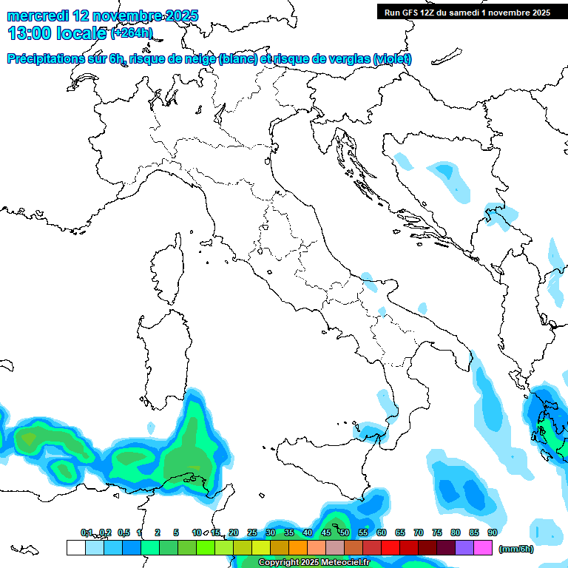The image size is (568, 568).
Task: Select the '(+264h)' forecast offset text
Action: tap(132, 33)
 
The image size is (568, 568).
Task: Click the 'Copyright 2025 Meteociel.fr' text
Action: tap(314, 563)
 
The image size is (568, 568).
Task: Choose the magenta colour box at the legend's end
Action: tap(483, 547)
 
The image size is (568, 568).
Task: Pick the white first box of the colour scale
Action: tap(75, 547)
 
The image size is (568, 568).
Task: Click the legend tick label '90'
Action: tap(493, 532)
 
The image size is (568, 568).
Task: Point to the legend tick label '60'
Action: tap(382, 532)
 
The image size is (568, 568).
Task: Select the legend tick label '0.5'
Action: tap(123, 532)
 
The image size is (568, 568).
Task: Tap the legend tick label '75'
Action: tap(437, 532)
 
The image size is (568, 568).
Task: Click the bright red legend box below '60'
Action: tap(390, 547)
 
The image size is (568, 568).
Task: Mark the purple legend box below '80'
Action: tap(464, 547)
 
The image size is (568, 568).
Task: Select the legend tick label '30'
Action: tap(271, 532)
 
